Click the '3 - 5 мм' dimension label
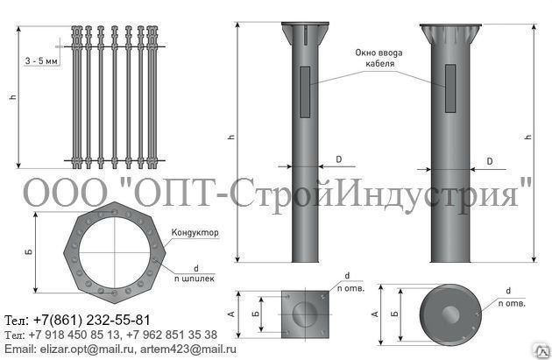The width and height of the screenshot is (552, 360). tap(41, 61)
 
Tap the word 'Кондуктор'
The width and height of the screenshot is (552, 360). tap(195, 233)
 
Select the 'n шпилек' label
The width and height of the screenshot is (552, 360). tap(195, 279)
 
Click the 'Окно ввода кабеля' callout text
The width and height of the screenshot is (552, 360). tap(379, 58)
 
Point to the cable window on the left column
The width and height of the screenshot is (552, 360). tap(305, 92)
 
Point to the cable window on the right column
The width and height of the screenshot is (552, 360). tap(450, 88)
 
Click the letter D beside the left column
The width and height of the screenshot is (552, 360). tap(339, 159)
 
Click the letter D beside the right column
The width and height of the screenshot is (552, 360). tap(490, 161)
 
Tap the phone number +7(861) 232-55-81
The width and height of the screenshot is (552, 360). tap(92, 321)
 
